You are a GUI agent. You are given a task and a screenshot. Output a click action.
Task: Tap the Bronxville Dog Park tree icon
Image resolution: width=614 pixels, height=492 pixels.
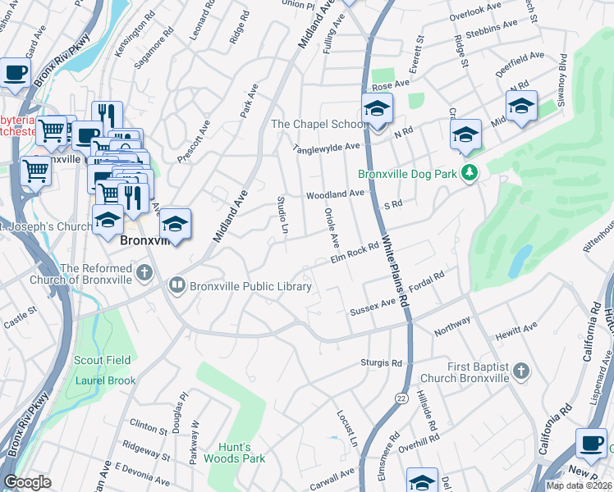pyautogui.click(x=469, y=173)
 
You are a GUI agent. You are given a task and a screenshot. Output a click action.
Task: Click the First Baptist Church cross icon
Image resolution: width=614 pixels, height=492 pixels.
pyautogui.click(x=520, y=373)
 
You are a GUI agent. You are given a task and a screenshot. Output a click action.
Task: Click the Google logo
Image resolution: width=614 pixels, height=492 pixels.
pyautogui.click(x=27, y=482)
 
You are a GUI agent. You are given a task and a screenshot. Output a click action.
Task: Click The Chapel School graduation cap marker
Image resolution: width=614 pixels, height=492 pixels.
pyautogui.click(x=377, y=109)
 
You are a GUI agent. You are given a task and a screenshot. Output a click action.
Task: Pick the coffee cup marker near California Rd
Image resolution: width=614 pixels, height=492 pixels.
pyautogui.click(x=591, y=444)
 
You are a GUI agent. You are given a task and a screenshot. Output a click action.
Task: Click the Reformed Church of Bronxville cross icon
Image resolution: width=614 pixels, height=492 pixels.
pyautogui.click(x=144, y=271)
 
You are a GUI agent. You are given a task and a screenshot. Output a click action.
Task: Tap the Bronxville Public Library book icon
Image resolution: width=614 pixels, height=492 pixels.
pyautogui.click(x=176, y=286)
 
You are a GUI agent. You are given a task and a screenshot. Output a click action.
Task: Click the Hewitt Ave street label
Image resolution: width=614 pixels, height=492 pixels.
pyautogui.click(x=516, y=331)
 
